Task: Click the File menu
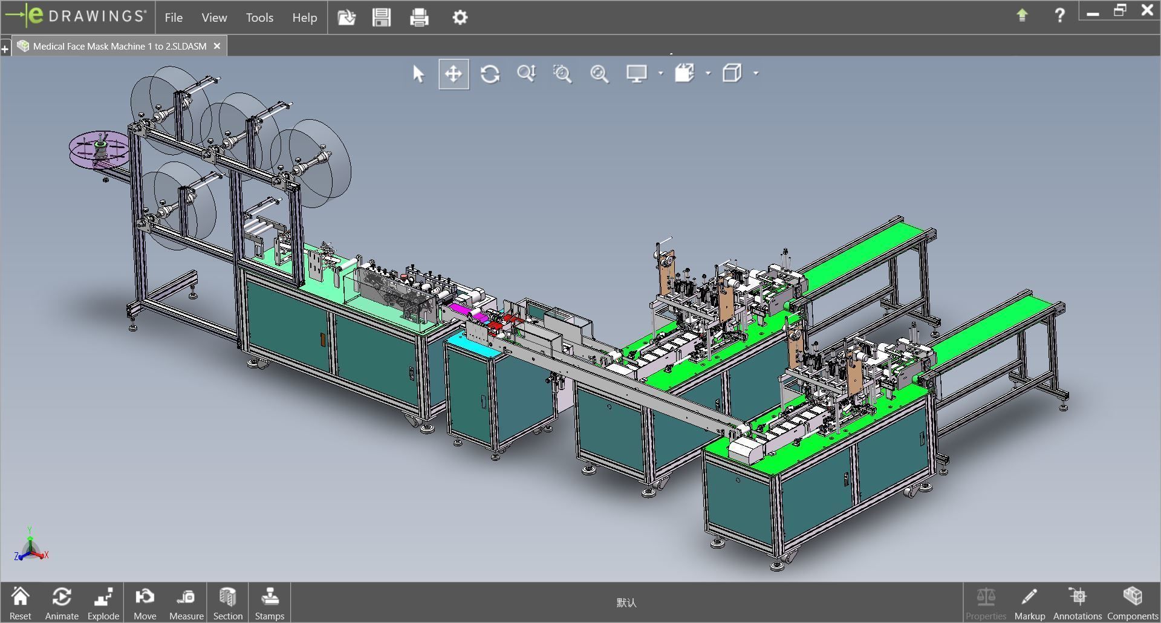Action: click(174, 18)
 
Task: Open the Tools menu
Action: click(259, 18)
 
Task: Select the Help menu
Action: click(304, 18)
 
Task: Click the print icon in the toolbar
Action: click(419, 18)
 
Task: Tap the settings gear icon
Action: click(460, 18)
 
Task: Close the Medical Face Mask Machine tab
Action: click(217, 46)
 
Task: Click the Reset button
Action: click(20, 603)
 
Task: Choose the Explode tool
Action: click(103, 603)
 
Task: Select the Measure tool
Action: click(186, 603)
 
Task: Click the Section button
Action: click(227, 603)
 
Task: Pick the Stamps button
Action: click(269, 603)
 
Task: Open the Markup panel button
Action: click(1029, 603)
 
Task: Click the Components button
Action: click(1132, 603)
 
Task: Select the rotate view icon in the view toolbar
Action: click(490, 74)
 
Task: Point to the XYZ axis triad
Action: click(30, 546)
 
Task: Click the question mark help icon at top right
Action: click(1059, 16)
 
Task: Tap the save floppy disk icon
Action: click(382, 18)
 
